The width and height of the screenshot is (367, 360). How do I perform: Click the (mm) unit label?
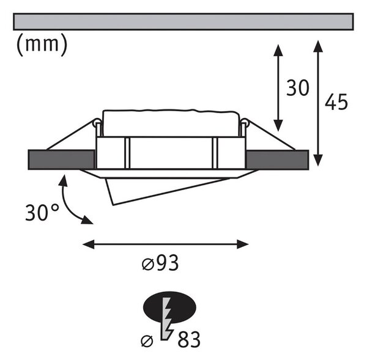(x=42, y=45)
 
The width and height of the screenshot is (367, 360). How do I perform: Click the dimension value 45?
(x=336, y=101)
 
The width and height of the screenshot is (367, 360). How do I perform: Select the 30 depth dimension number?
(x=298, y=88)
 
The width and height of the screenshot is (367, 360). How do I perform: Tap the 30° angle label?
(x=42, y=213)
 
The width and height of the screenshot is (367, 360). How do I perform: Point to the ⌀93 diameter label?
(x=160, y=263)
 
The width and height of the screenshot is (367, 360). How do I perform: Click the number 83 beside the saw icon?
(x=189, y=339)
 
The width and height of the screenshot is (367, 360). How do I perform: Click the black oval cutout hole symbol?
(x=169, y=307)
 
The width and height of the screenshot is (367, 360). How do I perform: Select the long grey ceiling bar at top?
(x=183, y=22)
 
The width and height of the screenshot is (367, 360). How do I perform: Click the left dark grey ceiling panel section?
(x=61, y=160)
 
